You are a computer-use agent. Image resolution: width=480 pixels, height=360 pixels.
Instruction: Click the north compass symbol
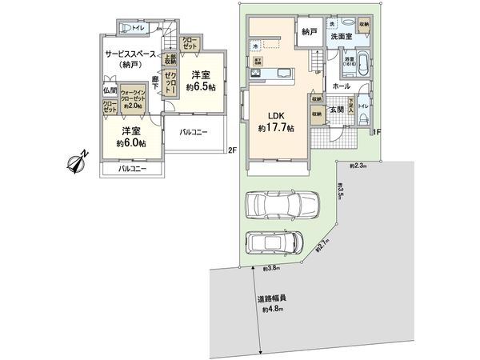[77, 163]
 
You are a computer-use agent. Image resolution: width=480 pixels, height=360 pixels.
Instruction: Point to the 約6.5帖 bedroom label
[200, 81]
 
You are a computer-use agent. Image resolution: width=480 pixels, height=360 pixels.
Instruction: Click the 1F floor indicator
[375, 133]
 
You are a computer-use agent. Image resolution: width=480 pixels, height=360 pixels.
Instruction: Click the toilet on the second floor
[126, 27]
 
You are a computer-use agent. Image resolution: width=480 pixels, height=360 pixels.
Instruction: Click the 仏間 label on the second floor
[110, 90]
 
